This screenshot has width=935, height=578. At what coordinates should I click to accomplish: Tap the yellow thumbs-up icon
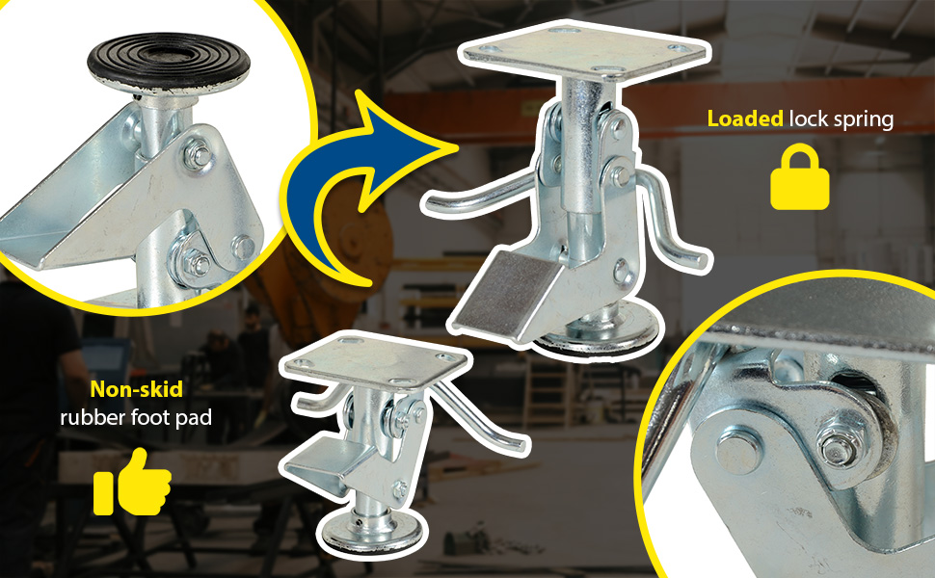(132, 482)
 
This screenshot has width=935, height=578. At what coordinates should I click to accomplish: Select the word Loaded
(745, 118)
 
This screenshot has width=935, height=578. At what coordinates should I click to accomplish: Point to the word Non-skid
(137, 389)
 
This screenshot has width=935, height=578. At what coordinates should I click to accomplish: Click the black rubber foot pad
(168, 64)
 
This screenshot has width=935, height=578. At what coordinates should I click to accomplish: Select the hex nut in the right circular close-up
(839, 444)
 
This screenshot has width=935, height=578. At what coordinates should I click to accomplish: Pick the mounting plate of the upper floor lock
(585, 51)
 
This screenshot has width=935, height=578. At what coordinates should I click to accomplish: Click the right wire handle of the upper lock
(673, 228)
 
